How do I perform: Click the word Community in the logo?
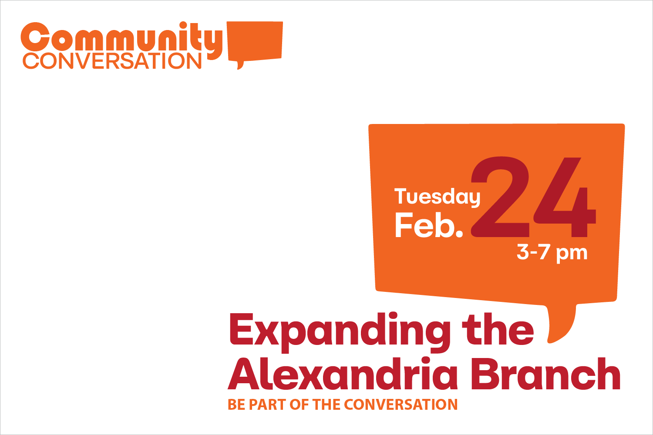121,41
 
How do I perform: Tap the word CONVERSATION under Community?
112,61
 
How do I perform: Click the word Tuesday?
437,197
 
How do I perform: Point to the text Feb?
429,225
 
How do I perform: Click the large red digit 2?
500,197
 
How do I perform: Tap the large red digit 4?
565,197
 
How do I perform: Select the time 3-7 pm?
552,253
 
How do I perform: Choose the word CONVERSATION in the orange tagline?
401,405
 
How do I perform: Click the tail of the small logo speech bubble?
239,65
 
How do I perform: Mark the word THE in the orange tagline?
326,405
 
